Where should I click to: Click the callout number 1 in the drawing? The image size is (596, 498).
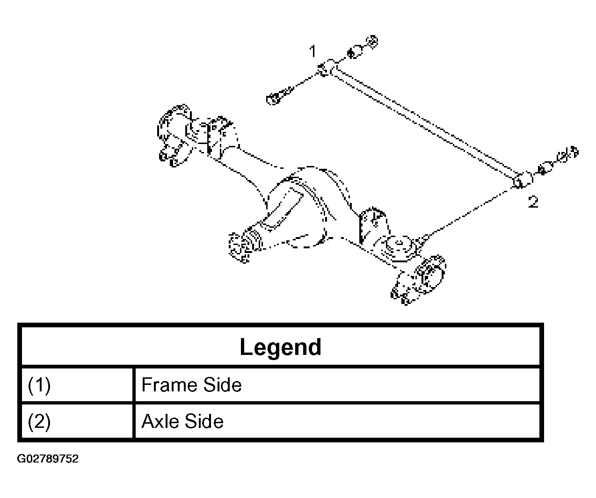[313, 51]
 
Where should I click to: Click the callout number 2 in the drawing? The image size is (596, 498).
[533, 202]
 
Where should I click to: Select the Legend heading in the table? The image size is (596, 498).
[281, 347]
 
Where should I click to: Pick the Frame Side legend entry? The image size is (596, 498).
[191, 385]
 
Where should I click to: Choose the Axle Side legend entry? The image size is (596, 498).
[182, 421]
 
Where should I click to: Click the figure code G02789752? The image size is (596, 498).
[48, 459]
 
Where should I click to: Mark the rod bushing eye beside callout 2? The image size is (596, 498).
[523, 180]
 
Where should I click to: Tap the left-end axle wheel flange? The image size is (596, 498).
[174, 135]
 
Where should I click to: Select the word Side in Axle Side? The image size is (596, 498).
[204, 421]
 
